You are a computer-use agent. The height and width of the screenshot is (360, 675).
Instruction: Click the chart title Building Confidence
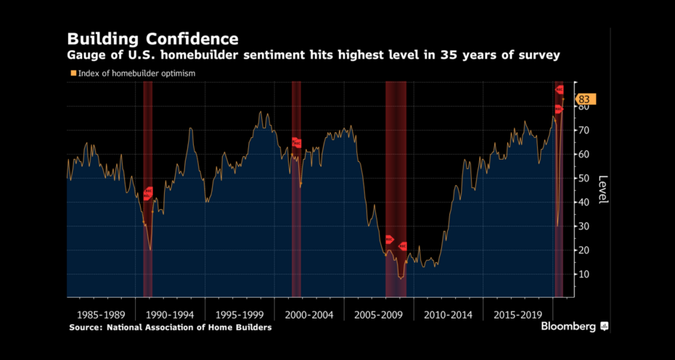point(152,38)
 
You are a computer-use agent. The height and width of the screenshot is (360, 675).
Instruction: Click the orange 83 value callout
point(584,99)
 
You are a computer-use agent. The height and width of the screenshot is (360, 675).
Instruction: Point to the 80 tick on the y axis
point(583,106)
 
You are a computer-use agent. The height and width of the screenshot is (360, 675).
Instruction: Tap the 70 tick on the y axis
point(583,130)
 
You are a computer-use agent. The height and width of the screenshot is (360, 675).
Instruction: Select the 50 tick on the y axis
point(583,178)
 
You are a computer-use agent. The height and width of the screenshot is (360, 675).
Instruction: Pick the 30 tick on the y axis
point(583,226)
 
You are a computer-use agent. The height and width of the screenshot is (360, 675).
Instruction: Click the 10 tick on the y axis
point(583,274)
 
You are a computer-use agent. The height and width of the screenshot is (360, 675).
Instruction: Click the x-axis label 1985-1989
point(101,315)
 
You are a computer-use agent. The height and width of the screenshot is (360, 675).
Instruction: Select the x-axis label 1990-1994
point(169,315)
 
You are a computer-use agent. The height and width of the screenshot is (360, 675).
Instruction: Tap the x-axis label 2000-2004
point(309,315)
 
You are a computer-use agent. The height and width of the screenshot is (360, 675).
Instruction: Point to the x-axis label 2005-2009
point(377,315)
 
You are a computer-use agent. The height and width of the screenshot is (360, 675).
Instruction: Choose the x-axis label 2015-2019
point(517,315)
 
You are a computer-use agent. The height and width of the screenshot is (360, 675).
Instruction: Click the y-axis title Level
point(602,189)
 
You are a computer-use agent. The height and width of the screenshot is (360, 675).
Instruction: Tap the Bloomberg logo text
point(568,327)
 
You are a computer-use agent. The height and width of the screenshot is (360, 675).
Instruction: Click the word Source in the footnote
point(86,327)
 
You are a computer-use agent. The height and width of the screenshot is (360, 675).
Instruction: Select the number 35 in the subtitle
point(471,55)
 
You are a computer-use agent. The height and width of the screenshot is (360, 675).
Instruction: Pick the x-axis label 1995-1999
point(239,315)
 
